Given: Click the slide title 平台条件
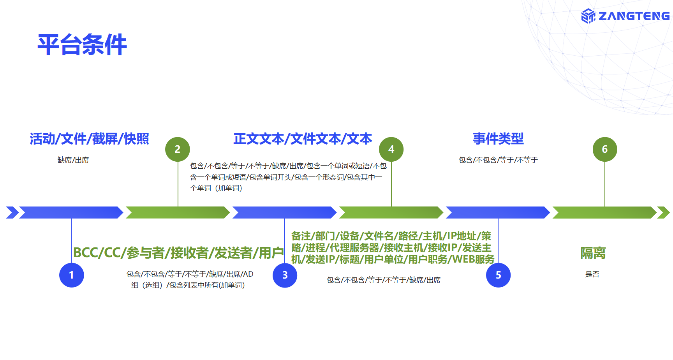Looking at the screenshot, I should coord(82,45).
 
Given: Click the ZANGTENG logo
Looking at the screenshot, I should coord(625,16).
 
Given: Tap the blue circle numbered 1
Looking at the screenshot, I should coord(71,275).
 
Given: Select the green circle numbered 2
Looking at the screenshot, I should coord(178,149).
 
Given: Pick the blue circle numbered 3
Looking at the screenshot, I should coord(285,275).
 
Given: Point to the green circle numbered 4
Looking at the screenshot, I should coord(391,149).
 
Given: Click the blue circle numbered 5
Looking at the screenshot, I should coord(498,275).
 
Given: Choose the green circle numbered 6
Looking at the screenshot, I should coord(605,149).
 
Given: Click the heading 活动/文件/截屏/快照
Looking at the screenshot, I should coord(89,139).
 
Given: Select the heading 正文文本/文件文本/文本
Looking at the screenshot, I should coord(303,139).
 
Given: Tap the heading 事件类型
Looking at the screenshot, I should coord(498,139).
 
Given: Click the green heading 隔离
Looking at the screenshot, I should coord(593,253).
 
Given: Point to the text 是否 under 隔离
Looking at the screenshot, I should coord(592,274).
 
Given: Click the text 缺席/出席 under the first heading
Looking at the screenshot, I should coord(73,160).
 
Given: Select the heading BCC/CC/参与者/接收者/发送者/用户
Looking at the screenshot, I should coord(178,253).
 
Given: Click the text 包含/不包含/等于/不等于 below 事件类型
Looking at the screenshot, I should coord(498,160).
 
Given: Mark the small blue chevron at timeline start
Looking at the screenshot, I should coord(12,212).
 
